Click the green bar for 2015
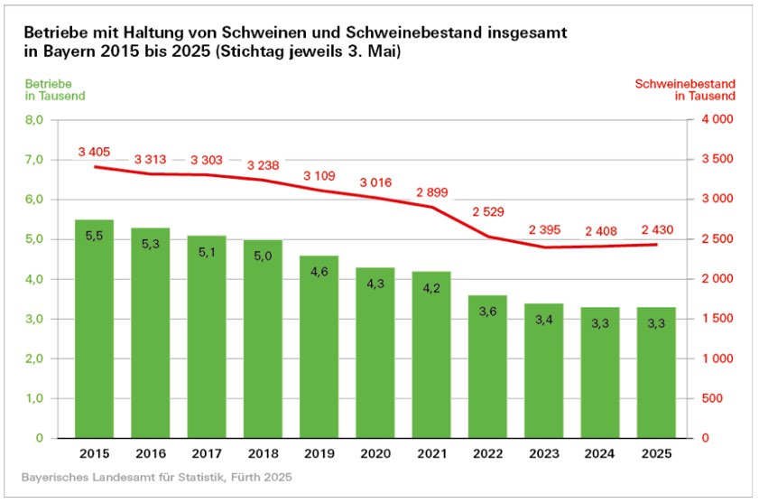point(94,329)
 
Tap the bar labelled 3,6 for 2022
point(488,366)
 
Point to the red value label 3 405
point(94,152)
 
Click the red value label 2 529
point(488,212)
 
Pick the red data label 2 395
point(544,230)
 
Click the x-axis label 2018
point(263,454)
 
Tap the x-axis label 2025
point(657,454)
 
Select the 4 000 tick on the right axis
point(716,120)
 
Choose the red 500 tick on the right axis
point(710,398)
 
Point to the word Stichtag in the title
point(271,53)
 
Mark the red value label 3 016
point(375,182)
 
